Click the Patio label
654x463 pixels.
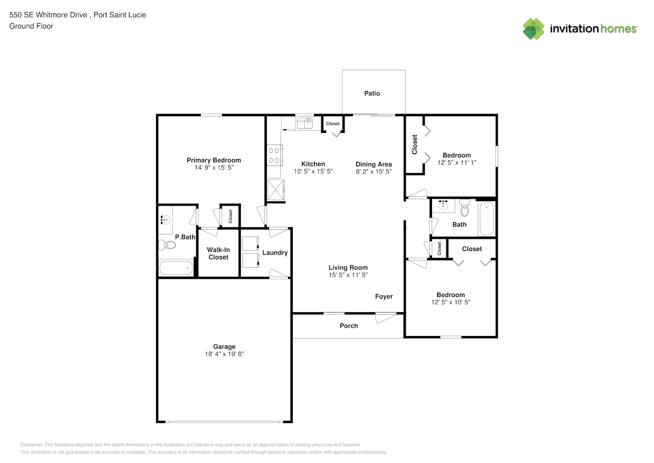pos(372,93)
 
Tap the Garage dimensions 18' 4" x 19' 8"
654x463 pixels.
pos(224,354)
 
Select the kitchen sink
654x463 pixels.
pos(304,123)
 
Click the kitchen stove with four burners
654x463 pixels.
pos(274,155)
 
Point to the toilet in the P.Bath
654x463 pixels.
pos(167,245)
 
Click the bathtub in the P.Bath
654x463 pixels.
pos(176,268)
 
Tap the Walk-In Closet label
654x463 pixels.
pos(218,253)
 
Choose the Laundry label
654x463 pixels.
pos(275,252)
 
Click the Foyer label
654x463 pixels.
pos(384,296)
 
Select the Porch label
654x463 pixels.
pos(349,325)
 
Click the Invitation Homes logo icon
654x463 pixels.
pos(533,29)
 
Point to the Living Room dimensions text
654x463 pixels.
pos(348,275)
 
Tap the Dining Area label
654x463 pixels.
pos(374,164)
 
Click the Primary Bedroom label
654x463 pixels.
pos(214,160)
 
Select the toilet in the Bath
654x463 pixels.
pos(464,207)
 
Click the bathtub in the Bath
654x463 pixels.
pos(487,219)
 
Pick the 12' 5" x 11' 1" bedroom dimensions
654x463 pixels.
pos(457,163)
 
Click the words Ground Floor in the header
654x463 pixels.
pos(31,26)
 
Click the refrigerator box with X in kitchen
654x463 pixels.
pos(276,190)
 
